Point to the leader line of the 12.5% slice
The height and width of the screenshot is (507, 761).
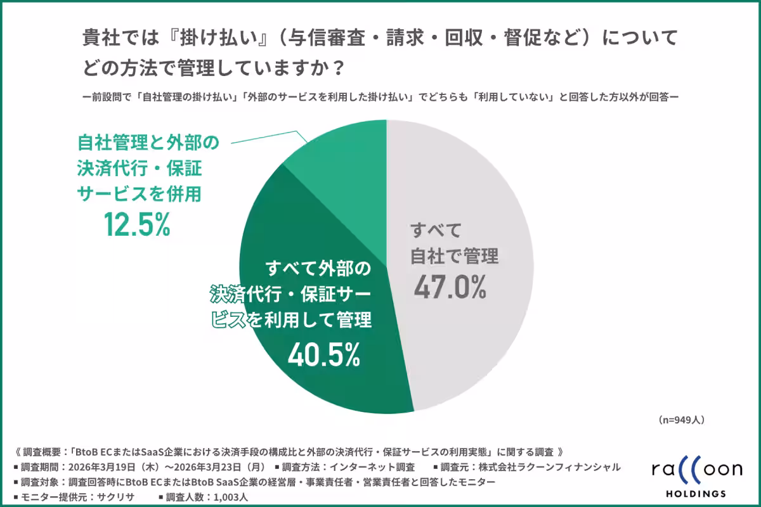click(x=266, y=136)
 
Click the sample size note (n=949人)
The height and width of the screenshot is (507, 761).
click(x=681, y=420)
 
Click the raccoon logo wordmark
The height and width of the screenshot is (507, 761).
click(x=696, y=470)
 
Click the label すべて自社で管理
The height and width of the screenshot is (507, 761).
click(x=455, y=243)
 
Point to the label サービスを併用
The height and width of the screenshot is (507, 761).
click(x=139, y=193)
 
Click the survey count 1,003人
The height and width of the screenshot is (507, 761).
click(x=226, y=497)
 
